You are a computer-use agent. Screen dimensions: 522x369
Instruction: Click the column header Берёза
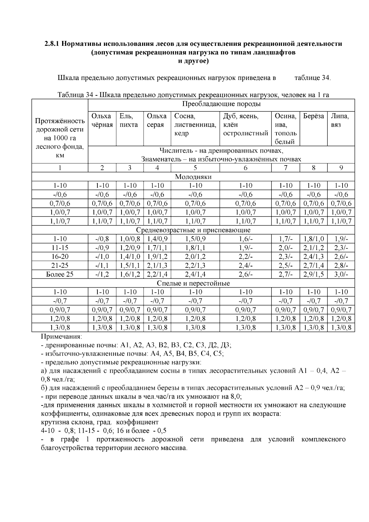(x=313, y=116)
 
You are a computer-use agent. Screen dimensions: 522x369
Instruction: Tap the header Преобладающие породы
(x=221, y=104)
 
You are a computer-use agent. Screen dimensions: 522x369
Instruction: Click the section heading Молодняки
(x=193, y=177)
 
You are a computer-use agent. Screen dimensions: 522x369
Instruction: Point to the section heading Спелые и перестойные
(x=193, y=283)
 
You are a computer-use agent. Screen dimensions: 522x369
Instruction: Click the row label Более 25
(x=60, y=274)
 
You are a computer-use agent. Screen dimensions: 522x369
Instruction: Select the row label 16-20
(x=60, y=257)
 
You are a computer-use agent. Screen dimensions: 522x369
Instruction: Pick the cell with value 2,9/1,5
(x=313, y=274)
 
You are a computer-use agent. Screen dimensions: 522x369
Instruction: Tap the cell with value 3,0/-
(x=341, y=274)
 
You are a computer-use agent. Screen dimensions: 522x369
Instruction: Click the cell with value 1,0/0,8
(x=129, y=239)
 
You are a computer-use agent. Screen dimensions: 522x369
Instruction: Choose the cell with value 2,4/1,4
(x=195, y=274)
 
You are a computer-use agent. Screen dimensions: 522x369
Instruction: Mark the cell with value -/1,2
(x=102, y=274)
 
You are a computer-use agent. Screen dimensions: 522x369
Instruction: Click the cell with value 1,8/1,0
(x=313, y=239)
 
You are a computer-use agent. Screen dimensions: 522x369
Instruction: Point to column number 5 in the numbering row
(x=195, y=168)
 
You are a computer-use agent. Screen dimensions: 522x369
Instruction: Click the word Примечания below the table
(x=61, y=336)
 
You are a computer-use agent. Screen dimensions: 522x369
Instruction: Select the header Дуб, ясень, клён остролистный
(x=245, y=125)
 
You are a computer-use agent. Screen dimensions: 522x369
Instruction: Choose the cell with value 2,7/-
(x=285, y=274)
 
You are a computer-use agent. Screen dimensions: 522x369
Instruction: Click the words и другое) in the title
(x=193, y=61)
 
